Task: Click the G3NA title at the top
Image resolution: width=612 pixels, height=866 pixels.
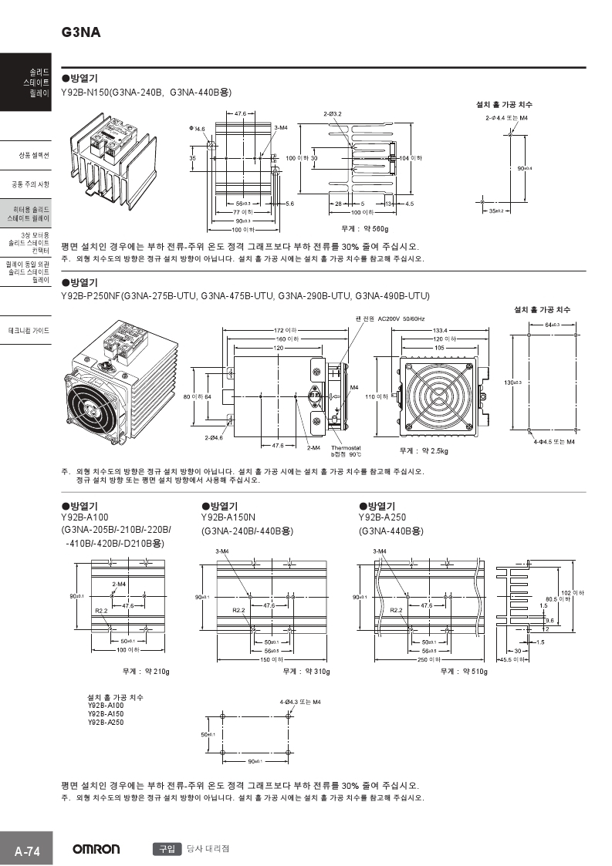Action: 80,33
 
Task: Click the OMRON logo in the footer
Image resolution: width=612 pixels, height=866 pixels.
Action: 96,849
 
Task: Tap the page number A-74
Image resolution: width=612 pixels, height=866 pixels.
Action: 27,851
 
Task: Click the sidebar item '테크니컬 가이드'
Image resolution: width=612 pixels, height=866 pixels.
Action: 29,331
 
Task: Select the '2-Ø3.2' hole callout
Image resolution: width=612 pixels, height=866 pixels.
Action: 333,114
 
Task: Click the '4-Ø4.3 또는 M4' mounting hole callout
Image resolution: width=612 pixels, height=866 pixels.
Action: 300,703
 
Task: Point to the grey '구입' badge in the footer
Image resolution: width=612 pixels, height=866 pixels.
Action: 167,848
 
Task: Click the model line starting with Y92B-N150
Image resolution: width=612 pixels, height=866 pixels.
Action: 146,92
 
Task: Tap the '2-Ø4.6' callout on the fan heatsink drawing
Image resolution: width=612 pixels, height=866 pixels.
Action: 214,437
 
